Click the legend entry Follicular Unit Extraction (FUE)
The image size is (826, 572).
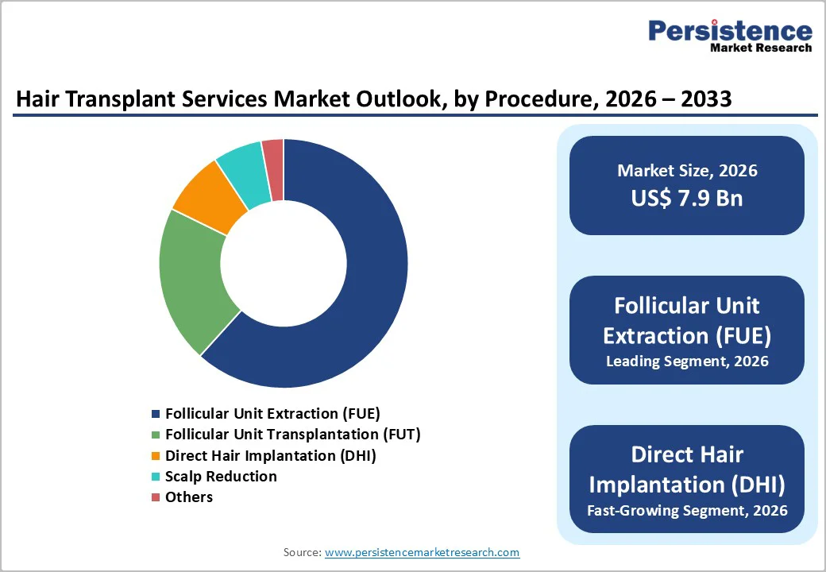coord(272,413)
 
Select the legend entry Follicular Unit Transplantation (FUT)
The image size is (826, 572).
coord(292,434)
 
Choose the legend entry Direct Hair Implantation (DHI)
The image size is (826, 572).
coord(270,455)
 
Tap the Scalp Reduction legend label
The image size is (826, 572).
coord(221,476)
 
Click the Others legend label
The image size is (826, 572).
coord(189,497)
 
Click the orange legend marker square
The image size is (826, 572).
coord(156,456)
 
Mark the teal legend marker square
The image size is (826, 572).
coord(156,477)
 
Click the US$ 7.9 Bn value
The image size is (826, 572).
coord(687,198)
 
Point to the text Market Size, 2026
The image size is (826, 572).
coord(687,171)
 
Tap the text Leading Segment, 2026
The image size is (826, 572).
coord(687,361)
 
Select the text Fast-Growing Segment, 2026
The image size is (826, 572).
coord(687,510)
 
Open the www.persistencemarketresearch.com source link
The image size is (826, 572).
coord(422,552)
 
